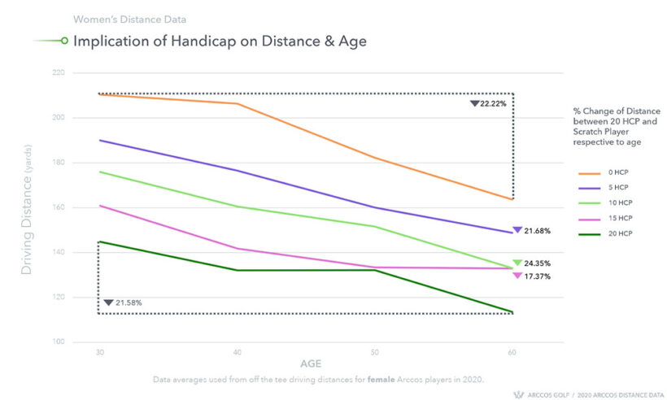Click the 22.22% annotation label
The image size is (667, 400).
tap(494, 104)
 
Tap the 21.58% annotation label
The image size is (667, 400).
tap(129, 303)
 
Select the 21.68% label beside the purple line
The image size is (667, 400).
tap(537, 231)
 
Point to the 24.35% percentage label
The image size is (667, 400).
tap(537, 263)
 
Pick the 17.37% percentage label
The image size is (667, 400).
tap(537, 276)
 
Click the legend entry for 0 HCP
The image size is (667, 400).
tap(618, 172)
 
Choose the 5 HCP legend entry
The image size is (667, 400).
tap(618, 187)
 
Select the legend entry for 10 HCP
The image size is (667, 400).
tap(619, 202)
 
